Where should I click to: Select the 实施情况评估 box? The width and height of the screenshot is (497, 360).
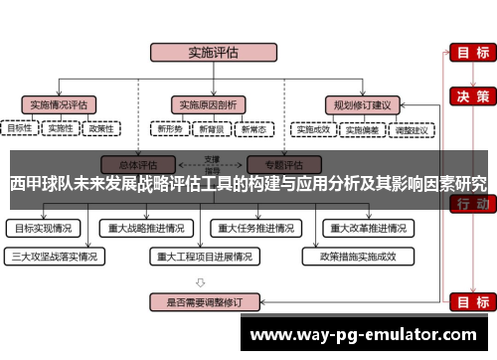pos(59,103)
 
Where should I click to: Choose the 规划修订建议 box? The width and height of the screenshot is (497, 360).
pos(361,103)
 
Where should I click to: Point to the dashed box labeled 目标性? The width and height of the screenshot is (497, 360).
pos(20,128)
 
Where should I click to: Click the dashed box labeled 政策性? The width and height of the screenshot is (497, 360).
pos(101,128)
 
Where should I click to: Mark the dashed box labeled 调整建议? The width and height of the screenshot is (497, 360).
pos(412,128)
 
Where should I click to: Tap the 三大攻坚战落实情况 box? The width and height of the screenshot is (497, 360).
pos(54,256)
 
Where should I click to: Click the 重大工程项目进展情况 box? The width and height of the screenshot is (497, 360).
pos(205,256)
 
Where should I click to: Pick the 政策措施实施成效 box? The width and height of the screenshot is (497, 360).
pos(357,256)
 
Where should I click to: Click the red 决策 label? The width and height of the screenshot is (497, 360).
pos(468,96)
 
